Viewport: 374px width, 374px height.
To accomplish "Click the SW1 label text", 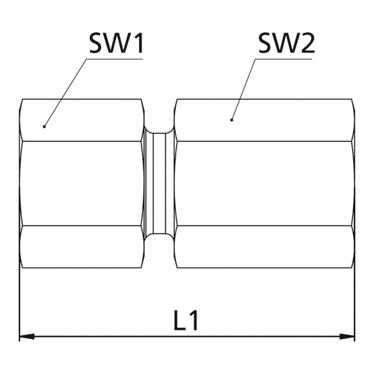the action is point(116,43).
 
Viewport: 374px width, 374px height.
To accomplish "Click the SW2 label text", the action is point(286,43).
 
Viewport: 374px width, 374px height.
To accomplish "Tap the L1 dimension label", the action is point(186,320).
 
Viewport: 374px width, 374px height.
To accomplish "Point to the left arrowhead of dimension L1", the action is point(26,337).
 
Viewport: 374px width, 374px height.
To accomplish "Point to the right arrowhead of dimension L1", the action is point(347,337).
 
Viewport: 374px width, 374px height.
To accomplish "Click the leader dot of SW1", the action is point(44,126).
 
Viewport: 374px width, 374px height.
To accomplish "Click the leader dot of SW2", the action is point(231,120).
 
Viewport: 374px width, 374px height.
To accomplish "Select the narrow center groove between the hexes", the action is point(159,183).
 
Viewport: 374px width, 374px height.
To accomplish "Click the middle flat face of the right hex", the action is point(265,183).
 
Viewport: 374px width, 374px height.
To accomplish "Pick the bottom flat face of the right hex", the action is point(265,247).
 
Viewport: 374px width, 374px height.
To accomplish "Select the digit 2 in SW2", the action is point(308,43).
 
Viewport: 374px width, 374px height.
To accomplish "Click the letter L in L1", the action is point(180,320).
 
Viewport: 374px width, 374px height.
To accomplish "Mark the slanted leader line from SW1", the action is point(65,92).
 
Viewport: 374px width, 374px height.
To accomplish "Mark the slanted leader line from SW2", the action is point(243,89).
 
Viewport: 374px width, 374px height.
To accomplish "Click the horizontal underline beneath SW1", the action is point(115,59).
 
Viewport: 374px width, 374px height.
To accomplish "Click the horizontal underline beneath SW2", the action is point(284,59).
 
